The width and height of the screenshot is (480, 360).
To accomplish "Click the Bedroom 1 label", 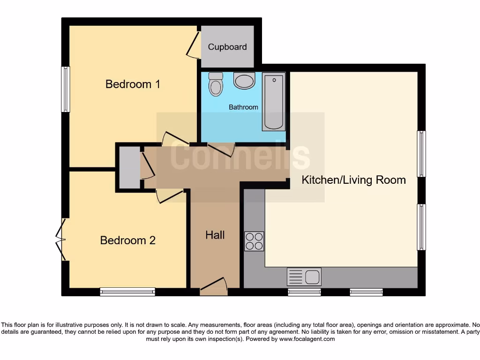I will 133,84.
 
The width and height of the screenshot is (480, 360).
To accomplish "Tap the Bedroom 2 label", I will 127,240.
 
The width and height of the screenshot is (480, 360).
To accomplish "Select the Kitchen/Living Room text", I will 353,180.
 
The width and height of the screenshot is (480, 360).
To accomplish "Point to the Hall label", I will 215,235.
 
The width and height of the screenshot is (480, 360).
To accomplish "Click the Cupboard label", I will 227,47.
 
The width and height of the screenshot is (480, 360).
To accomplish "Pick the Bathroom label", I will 243,107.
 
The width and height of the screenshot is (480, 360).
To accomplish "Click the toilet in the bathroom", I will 216,84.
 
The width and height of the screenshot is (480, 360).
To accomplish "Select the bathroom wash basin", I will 244,81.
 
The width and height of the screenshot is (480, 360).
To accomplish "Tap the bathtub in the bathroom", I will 274,101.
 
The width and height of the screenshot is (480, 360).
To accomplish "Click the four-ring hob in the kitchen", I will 254,241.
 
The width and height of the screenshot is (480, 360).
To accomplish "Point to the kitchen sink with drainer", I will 304,277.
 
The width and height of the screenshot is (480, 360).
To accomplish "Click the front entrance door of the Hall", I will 213,286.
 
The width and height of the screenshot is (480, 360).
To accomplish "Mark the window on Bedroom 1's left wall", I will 66,89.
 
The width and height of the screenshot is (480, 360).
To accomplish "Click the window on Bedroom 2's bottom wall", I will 127,292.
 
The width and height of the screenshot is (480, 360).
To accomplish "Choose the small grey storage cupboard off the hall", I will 129,168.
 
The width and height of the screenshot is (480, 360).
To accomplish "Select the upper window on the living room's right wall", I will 421,154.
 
